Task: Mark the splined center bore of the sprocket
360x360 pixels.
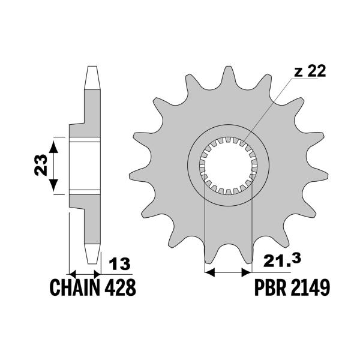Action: coord(228,166)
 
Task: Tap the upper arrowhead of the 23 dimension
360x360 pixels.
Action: coord(55,142)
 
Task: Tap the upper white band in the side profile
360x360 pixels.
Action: coord(84,141)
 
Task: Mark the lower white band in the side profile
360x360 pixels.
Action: coord(84,191)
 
